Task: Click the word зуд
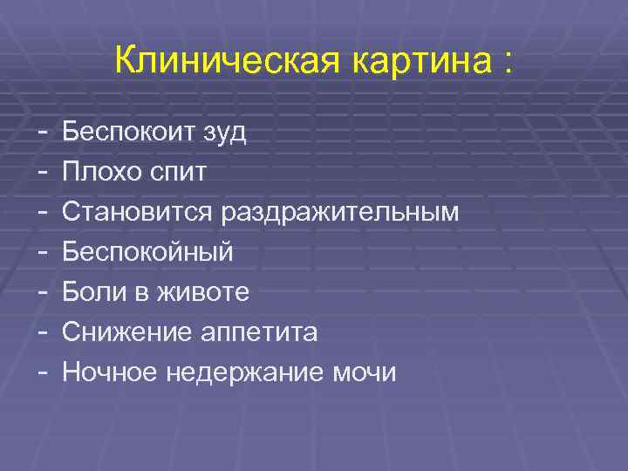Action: [224, 133]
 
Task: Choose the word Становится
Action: [138, 212]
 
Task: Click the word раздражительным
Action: [340, 213]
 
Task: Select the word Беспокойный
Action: [147, 253]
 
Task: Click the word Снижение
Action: [123, 332]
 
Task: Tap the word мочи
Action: [365, 372]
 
